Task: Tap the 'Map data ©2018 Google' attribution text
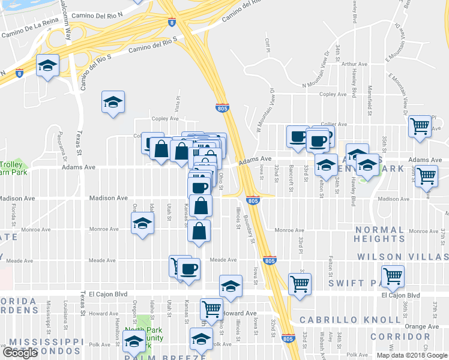(411, 355)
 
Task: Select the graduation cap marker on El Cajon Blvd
(230, 287)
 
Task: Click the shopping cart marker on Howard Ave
(211, 309)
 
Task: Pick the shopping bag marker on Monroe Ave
(199, 230)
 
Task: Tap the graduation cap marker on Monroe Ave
(142, 224)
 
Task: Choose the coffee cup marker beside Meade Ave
(189, 268)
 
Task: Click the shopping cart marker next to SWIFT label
(393, 276)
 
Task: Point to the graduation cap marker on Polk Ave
(202, 338)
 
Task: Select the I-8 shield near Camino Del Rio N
(172, 22)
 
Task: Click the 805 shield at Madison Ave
(253, 200)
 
